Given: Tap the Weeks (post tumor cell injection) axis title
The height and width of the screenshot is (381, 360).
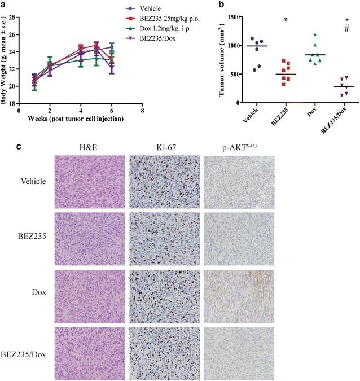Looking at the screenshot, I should click(x=81, y=119).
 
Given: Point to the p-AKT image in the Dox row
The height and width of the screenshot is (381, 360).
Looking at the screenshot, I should click(x=236, y=296).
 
